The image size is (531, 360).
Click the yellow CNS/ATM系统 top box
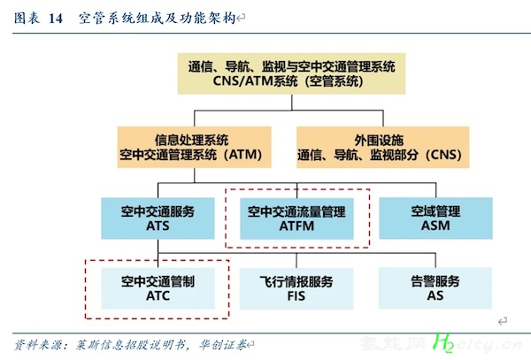point(291,73)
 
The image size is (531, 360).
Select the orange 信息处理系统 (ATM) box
point(194,147)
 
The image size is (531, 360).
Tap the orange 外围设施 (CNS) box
point(382,147)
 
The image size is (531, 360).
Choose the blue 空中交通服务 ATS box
point(158,218)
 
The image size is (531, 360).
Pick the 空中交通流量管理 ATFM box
point(296,218)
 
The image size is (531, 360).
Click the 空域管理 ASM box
point(435,218)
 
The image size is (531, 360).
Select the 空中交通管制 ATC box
point(158,288)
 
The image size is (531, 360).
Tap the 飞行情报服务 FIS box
point(296,288)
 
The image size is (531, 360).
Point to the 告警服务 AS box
point(435,288)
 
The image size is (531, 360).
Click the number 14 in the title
point(56,19)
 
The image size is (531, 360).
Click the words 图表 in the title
point(27,18)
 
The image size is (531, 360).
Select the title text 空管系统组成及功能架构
point(158,18)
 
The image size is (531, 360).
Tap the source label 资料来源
point(38,345)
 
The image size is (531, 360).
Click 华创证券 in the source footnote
point(223,345)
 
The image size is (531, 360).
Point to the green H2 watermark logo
point(443,342)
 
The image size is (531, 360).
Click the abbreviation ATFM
point(296,226)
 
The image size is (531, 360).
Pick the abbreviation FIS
point(296,296)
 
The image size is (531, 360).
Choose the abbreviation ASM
point(435,226)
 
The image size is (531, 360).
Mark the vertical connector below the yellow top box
point(291,103)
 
